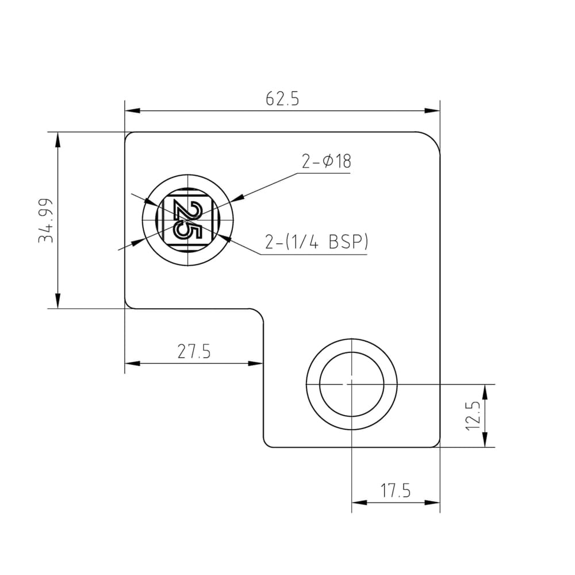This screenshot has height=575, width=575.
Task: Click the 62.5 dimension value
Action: [282, 99]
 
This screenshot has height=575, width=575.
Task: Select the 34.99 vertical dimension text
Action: [46, 220]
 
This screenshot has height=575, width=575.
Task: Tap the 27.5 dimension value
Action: [194, 351]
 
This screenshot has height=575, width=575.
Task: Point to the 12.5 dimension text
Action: [473, 415]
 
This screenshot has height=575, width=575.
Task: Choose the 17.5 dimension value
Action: [396, 491]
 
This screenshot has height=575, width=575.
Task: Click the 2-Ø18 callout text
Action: [326, 162]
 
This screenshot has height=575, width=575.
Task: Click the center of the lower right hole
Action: [351, 383]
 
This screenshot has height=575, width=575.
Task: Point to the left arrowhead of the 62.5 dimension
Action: [132, 111]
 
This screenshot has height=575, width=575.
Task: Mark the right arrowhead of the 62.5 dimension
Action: [432, 111]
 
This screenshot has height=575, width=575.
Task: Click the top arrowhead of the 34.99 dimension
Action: [57, 139]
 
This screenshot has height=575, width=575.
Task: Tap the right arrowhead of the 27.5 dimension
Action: [256, 363]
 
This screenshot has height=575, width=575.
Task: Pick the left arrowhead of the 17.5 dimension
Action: [359, 503]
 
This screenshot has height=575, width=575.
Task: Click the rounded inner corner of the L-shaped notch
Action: [258, 314]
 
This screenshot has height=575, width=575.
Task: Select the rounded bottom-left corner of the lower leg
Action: [268, 442]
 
